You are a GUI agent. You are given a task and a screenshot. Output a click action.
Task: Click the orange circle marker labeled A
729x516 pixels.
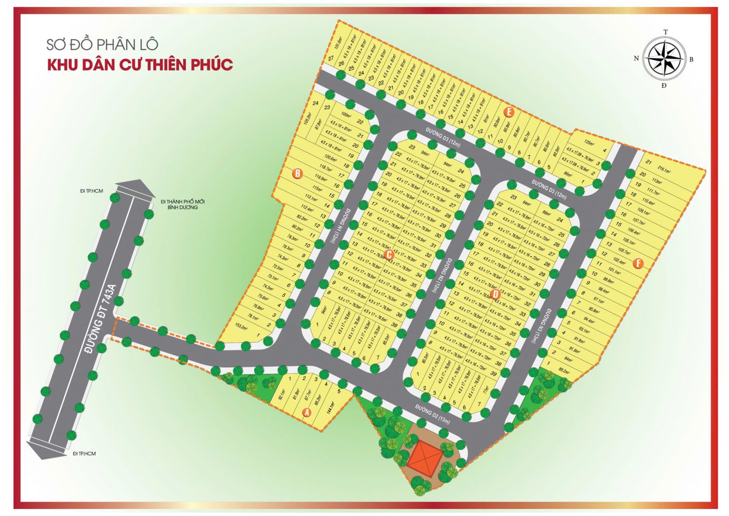307,412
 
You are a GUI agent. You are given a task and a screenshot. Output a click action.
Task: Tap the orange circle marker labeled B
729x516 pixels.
298,173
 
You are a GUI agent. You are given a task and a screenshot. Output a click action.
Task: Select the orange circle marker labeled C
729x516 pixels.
389,255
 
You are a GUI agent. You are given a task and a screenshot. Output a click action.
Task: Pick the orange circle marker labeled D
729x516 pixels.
496,294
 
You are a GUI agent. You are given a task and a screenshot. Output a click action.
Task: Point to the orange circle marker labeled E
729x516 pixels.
509,112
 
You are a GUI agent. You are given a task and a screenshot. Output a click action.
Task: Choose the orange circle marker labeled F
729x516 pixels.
638,263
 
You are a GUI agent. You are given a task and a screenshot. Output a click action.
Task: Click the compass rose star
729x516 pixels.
664,58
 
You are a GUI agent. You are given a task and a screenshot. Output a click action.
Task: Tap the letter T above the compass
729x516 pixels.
665,32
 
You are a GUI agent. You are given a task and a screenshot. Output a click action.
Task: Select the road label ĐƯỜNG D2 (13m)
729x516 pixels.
432,415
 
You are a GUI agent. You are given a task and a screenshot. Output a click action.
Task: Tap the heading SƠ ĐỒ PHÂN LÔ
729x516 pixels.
102,45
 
